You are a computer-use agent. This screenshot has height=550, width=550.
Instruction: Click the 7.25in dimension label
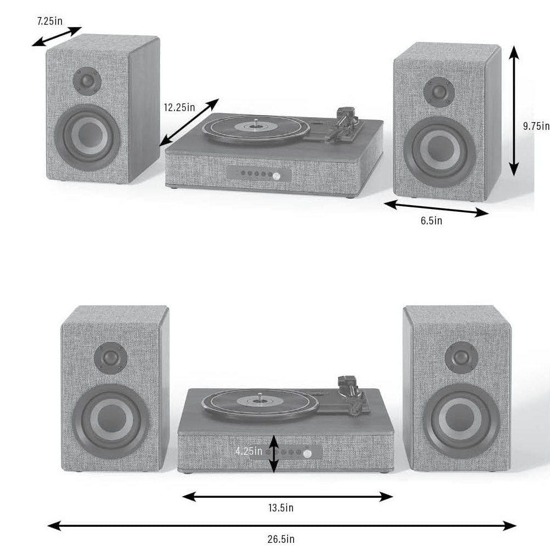[x=50, y=21]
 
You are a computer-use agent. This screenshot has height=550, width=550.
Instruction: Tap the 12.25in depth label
[x=179, y=107]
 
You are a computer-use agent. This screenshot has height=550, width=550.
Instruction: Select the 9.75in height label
[x=536, y=126]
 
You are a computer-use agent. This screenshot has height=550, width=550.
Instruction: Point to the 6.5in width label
[x=431, y=221]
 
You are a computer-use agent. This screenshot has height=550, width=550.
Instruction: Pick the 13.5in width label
[x=280, y=508]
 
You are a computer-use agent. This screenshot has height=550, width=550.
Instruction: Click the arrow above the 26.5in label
[x=282, y=526]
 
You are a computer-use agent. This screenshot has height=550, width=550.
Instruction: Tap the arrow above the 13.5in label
[x=287, y=497]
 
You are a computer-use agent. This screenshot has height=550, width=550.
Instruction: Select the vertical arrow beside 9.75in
[x=514, y=110]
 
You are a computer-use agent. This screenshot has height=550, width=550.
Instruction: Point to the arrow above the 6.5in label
[x=436, y=208]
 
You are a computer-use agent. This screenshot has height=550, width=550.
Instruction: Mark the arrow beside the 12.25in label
[x=189, y=122]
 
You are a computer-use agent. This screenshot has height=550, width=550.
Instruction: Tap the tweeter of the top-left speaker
[x=87, y=81]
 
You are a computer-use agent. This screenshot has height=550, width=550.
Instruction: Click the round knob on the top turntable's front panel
[x=276, y=175]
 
